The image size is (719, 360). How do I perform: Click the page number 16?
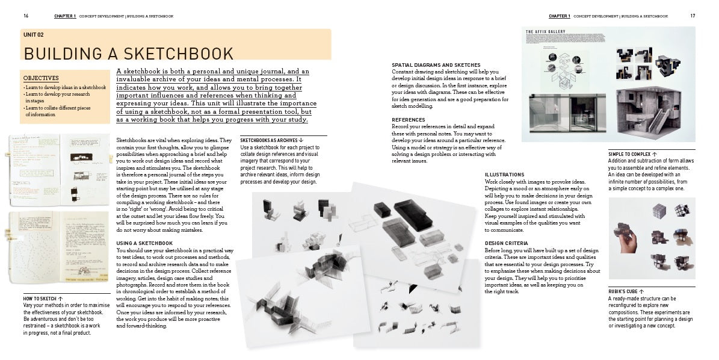click(x=26, y=16)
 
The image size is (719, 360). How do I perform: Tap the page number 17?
click(x=693, y=16)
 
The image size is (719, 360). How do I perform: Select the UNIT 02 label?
click(x=34, y=36)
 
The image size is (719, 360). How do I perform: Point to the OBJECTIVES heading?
click(x=41, y=78)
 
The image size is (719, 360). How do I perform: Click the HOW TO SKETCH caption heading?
click(x=40, y=299)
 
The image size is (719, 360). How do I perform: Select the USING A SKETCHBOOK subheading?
click(x=144, y=243)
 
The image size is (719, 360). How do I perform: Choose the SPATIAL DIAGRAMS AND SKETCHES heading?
click(x=436, y=65)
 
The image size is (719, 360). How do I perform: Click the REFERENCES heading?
click(x=409, y=120)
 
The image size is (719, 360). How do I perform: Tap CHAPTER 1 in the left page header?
click(x=65, y=16)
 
